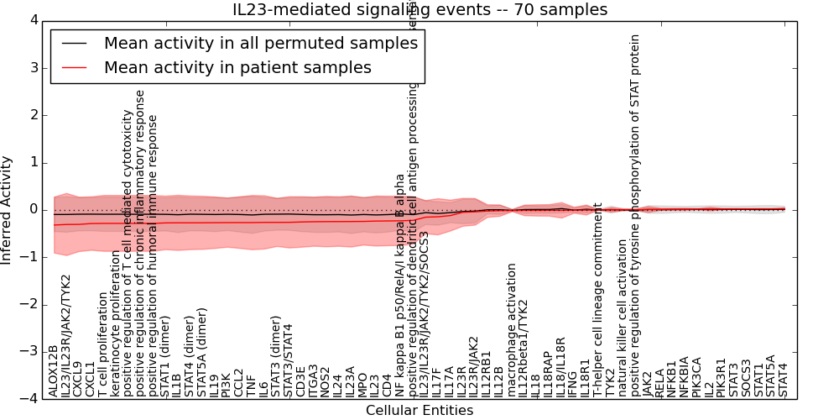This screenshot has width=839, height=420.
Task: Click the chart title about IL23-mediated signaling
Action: click(419, 10)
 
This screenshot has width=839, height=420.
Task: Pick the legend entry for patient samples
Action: click(237, 67)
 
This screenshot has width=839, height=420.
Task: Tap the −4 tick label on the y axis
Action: click(29, 399)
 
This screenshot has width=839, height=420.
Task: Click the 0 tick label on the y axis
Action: click(33, 209)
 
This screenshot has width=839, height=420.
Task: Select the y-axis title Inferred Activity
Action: click(8, 209)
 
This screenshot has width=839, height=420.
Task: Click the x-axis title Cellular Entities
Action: click(419, 411)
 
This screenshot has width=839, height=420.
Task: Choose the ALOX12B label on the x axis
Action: click(54, 370)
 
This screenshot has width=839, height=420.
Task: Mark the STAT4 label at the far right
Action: click(783, 379)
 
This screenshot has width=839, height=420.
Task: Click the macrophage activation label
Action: click(511, 329)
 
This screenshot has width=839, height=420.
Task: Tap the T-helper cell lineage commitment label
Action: click(598, 299)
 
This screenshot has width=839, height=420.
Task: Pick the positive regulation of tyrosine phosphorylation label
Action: click(635, 214)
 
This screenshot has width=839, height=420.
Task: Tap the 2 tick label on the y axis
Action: click(33, 114)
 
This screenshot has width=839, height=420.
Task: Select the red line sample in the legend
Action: click(73, 67)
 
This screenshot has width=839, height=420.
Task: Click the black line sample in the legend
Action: click(73, 43)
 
